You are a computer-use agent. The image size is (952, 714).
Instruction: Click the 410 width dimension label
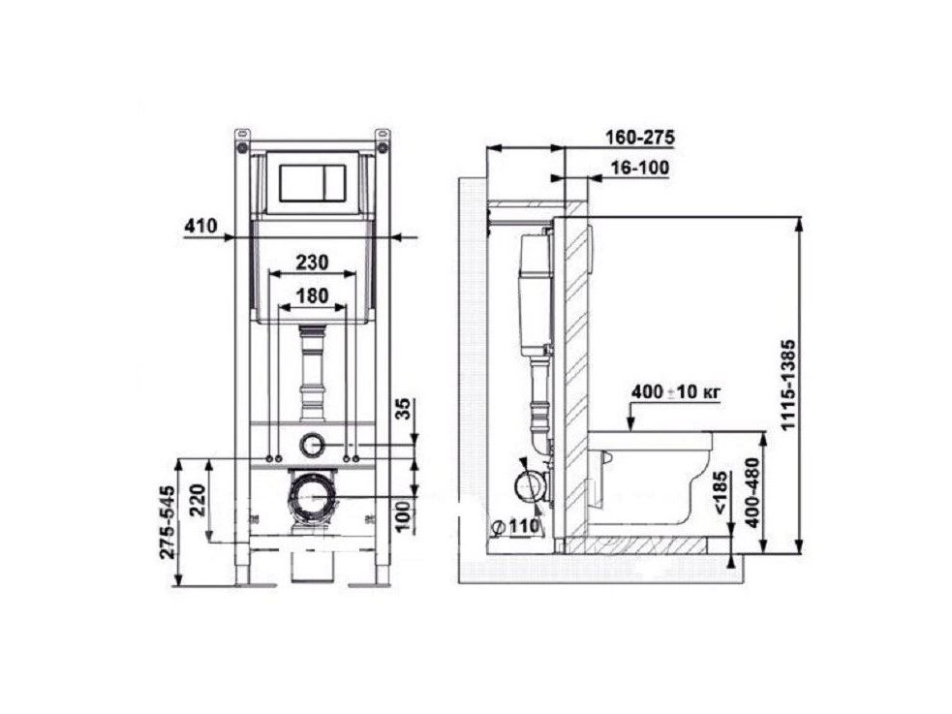[200, 226]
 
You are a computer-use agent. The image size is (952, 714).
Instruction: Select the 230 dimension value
[312, 262]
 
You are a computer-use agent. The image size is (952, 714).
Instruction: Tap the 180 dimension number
[312, 295]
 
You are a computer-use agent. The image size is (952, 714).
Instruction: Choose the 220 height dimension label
[199, 499]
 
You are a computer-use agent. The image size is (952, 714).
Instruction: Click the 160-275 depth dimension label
[640, 138]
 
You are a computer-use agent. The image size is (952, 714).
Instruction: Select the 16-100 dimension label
[640, 168]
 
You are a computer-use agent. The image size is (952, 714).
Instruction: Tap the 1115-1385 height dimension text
[788, 385]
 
